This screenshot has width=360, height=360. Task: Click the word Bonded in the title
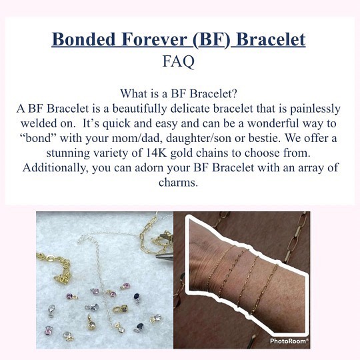tap(84, 39)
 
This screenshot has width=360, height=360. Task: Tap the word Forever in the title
tap(154, 39)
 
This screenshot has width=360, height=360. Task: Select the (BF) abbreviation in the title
tap(211, 40)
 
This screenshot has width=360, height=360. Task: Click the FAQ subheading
tap(179, 61)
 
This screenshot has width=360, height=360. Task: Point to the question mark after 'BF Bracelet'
tap(234, 93)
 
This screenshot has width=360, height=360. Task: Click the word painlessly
tap(315, 109)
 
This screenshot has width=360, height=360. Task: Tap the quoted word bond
tap(38, 139)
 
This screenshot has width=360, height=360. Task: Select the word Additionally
tap(55, 168)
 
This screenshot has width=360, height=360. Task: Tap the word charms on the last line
tap(178, 183)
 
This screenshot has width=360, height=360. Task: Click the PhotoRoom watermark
tap(289, 341)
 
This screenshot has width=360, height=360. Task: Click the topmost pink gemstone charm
tap(125, 286)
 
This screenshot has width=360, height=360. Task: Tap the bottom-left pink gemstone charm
tap(49, 330)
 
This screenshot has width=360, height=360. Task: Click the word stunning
tap(68, 153)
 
